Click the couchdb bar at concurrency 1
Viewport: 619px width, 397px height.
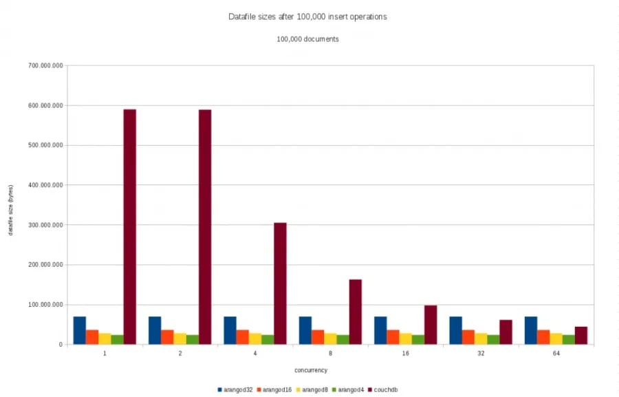(x=130, y=226)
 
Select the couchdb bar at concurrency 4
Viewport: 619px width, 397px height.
(x=280, y=283)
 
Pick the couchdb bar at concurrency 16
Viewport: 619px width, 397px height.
(x=431, y=325)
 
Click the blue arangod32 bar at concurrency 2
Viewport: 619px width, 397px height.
(x=155, y=330)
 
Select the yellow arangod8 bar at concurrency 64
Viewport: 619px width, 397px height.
(x=556, y=339)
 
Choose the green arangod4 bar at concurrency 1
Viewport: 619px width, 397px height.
(x=117, y=339)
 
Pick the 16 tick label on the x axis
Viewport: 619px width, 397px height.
(x=406, y=353)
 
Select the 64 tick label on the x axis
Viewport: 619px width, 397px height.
(x=556, y=353)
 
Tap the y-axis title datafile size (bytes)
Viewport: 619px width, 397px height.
(x=11, y=210)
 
